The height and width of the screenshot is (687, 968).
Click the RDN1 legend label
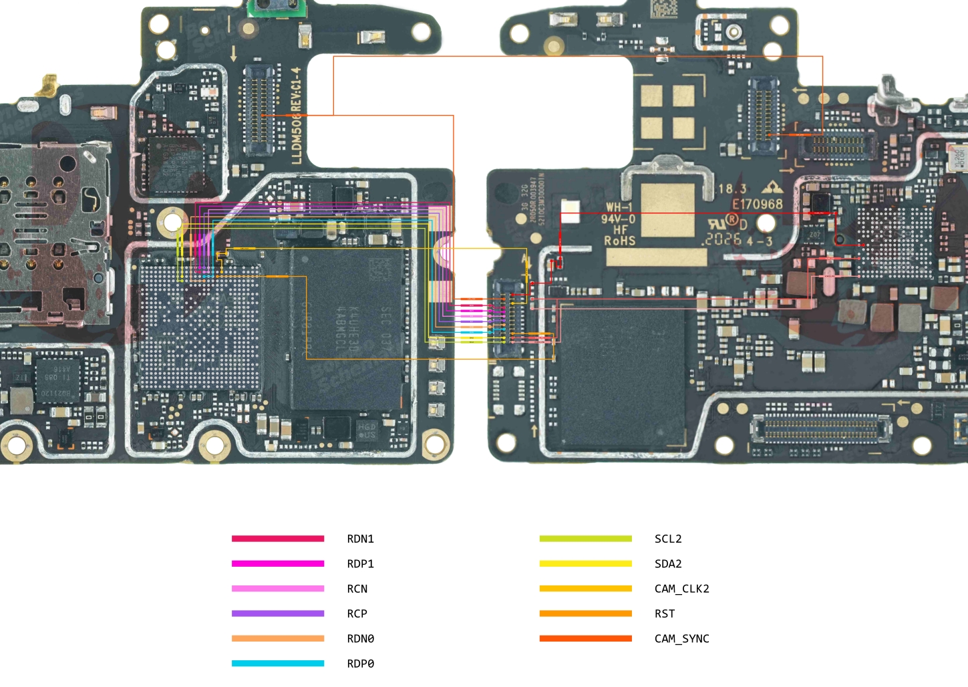[360, 539]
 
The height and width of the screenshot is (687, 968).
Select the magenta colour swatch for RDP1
[278, 563]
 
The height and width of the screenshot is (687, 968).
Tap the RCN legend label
[357, 589]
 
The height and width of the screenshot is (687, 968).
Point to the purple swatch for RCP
[278, 613]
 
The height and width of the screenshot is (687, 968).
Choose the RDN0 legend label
[360, 639]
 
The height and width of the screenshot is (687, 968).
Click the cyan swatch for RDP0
[278, 664]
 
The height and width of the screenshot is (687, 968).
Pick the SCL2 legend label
[668, 539]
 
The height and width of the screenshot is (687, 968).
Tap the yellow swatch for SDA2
[585, 563]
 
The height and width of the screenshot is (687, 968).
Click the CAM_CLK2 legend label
[681, 589]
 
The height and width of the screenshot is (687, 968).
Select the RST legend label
[665, 613]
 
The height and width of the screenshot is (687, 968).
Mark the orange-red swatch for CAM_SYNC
[585, 638]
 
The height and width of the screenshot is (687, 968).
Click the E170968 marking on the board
[757, 204]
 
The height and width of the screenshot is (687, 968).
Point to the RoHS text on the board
[619, 241]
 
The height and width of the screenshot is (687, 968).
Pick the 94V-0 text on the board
[618, 219]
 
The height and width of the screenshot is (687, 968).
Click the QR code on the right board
[663, 9]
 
